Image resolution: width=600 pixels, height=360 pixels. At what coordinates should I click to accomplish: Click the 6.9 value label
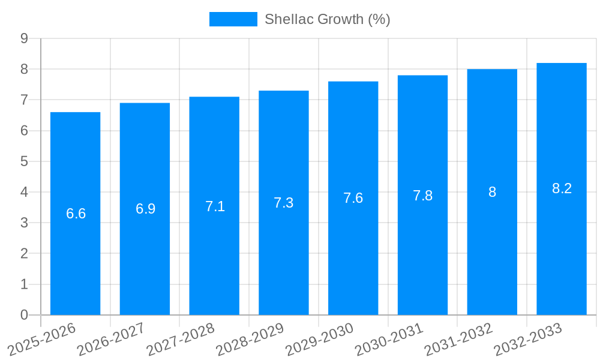(145, 209)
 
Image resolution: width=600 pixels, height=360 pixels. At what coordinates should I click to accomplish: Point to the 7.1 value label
(215, 206)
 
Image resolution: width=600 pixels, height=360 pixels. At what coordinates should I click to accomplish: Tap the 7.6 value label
(353, 198)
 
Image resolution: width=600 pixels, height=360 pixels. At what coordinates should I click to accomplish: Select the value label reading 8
(492, 192)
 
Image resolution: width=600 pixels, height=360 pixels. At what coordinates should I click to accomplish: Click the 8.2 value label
(562, 188)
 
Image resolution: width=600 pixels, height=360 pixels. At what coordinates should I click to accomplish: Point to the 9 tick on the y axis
(24, 38)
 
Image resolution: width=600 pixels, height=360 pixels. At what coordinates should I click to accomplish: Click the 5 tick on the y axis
(24, 161)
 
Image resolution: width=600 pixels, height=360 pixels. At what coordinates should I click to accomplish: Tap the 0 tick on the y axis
(24, 315)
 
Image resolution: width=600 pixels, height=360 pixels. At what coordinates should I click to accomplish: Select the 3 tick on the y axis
(24, 223)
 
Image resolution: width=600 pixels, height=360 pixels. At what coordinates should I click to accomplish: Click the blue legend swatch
(233, 19)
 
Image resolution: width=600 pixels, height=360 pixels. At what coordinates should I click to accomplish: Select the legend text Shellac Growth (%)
(328, 19)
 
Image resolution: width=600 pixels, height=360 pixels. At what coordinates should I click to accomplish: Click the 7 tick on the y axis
(24, 100)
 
